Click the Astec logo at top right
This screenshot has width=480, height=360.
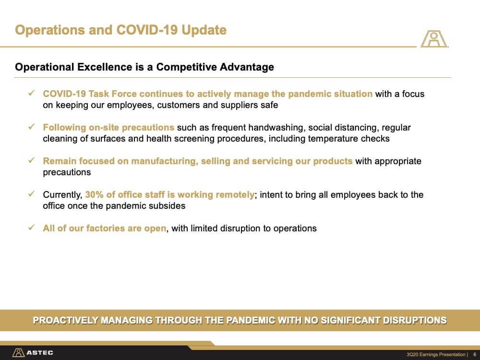pyautogui.click(x=434, y=38)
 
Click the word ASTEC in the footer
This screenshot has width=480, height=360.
pyautogui.click(x=40, y=353)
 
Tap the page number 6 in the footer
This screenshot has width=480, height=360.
pyautogui.click(x=475, y=355)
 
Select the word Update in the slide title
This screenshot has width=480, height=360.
pyautogui.click(x=204, y=30)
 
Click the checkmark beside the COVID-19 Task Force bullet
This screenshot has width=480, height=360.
pyautogui.click(x=32, y=93)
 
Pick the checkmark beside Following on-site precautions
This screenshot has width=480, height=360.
pyautogui.click(x=32, y=127)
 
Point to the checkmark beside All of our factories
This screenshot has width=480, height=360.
pyautogui.click(x=32, y=228)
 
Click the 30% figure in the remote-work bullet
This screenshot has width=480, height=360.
pyautogui.click(x=94, y=195)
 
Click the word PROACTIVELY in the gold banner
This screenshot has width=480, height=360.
pyautogui.click(x=65, y=320)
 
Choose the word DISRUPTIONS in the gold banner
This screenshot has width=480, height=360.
pyautogui.click(x=415, y=320)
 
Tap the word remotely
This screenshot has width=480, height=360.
pyautogui.click(x=235, y=195)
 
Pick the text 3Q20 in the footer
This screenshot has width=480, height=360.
pyautogui.click(x=412, y=355)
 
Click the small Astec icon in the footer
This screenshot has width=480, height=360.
pyautogui.click(x=18, y=353)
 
